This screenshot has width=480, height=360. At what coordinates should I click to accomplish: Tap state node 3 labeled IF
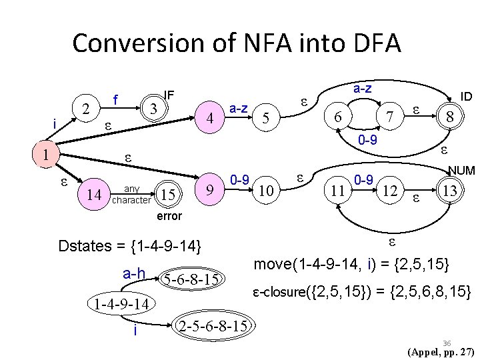[x=153, y=107]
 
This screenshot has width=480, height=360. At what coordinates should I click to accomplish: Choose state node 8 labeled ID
[x=451, y=117]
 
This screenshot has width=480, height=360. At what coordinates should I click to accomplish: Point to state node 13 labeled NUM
[x=450, y=191]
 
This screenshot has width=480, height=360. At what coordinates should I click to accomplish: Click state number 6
[x=339, y=117]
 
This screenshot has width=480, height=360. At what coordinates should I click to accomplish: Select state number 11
[x=339, y=191]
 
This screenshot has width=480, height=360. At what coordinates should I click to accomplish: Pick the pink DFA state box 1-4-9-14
[x=121, y=303]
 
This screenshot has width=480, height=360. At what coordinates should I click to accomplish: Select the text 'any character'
[x=132, y=194]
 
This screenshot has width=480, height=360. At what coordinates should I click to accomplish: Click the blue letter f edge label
[x=115, y=101]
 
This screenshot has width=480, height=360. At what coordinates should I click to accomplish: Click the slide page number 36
[x=447, y=341]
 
